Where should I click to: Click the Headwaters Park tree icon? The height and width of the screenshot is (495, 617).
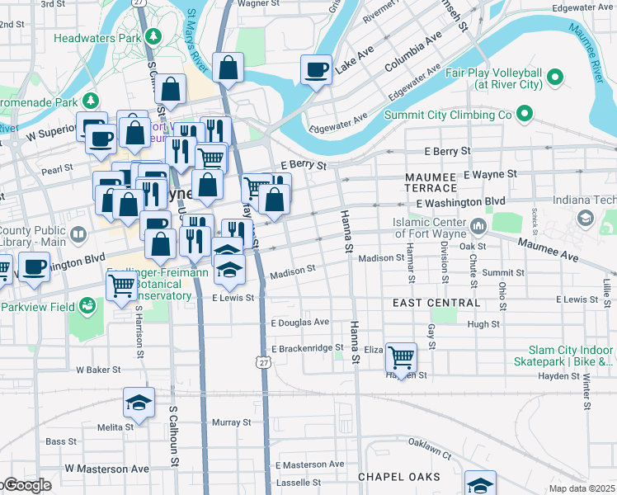(x=153, y=38)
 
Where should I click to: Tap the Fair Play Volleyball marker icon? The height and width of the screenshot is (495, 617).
(x=555, y=79)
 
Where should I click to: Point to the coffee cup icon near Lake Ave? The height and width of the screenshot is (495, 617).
(x=316, y=69)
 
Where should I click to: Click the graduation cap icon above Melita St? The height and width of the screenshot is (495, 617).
(x=139, y=403)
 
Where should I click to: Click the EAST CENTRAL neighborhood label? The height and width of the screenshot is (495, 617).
(x=436, y=303)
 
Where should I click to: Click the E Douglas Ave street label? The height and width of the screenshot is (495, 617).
(x=299, y=323)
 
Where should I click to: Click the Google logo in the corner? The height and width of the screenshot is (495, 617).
(x=26, y=486)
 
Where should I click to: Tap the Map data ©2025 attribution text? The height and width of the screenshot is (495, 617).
(x=582, y=488)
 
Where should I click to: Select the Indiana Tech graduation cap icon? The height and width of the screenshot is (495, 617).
(x=586, y=218)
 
